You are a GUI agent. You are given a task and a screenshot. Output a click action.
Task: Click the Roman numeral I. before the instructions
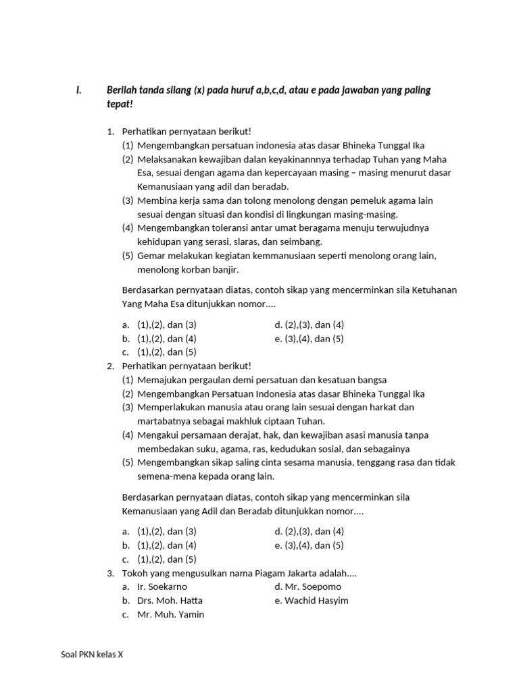click(x=78, y=90)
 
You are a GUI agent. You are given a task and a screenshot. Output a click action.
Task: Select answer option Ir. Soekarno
click(x=162, y=587)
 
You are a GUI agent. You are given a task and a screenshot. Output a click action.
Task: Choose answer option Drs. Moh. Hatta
click(x=170, y=601)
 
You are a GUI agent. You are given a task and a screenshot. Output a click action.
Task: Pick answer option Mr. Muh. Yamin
click(x=170, y=615)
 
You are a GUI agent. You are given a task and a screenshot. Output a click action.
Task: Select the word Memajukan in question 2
click(x=161, y=380)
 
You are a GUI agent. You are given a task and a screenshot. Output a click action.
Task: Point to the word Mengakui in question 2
click(x=157, y=435)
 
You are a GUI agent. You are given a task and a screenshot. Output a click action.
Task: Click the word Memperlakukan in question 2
click(x=172, y=407)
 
